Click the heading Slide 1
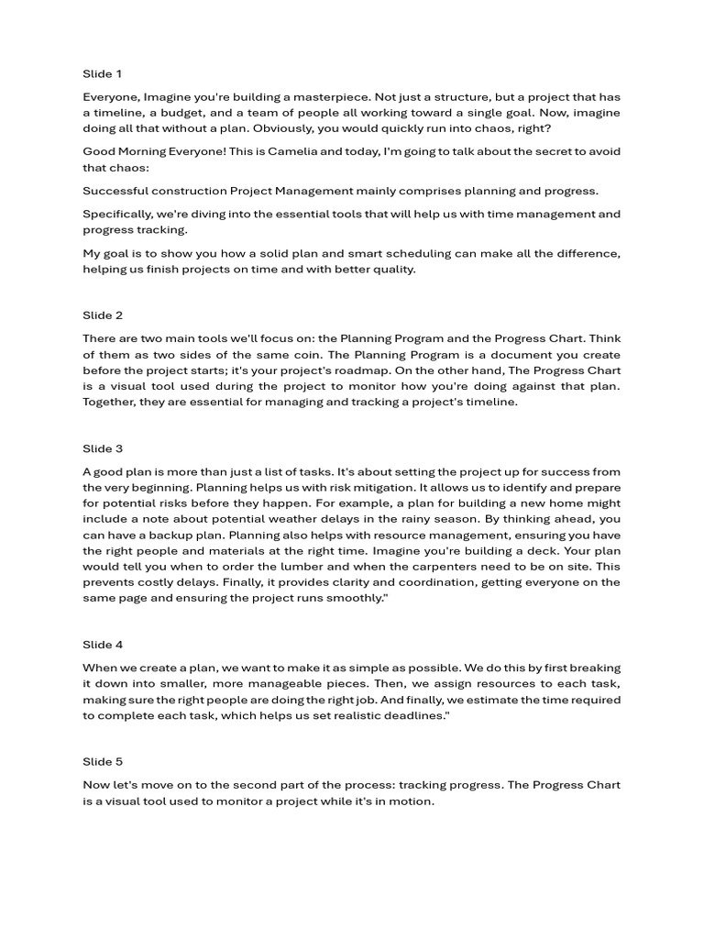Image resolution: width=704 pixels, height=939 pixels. pos(102,73)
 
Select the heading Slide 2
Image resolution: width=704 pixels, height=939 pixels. pos(103,315)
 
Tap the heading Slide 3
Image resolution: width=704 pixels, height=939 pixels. pos(103,448)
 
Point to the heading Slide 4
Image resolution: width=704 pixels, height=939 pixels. pos(103,645)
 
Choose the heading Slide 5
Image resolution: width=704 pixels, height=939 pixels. pos(103,762)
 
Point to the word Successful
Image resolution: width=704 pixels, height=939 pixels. pos(116,191)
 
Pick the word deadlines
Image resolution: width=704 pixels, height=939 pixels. pos(408,715)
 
